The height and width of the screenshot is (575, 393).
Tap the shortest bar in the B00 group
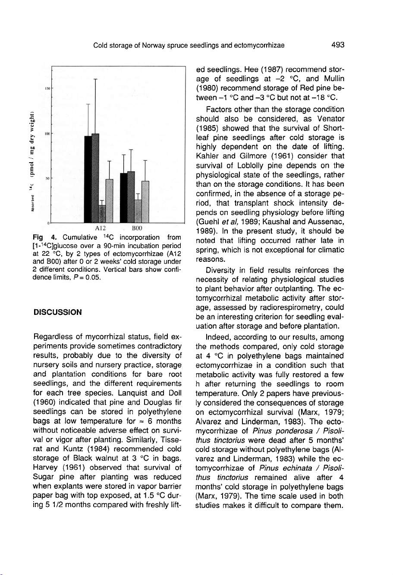(138, 210)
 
